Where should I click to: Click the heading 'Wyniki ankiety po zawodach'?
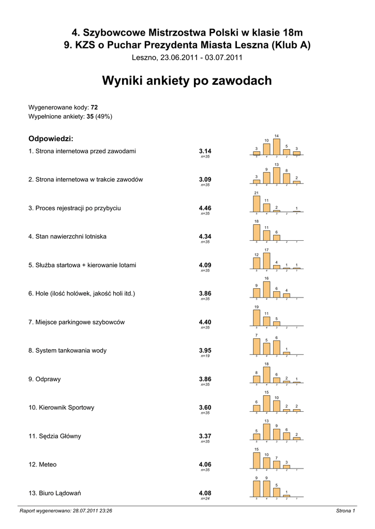(187, 81)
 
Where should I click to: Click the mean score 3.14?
(205, 151)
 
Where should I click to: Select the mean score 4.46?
(205, 208)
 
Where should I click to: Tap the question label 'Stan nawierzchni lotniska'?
(67, 237)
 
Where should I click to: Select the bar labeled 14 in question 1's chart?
(276, 147)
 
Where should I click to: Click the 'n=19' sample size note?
(205, 356)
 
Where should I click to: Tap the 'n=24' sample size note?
(205, 499)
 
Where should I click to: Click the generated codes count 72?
(94, 107)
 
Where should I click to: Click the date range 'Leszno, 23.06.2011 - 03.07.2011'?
(187, 57)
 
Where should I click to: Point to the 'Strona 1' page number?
(345, 511)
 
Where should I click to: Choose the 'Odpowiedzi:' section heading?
(51, 139)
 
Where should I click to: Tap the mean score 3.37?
(205, 436)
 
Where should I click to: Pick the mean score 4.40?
(205, 322)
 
